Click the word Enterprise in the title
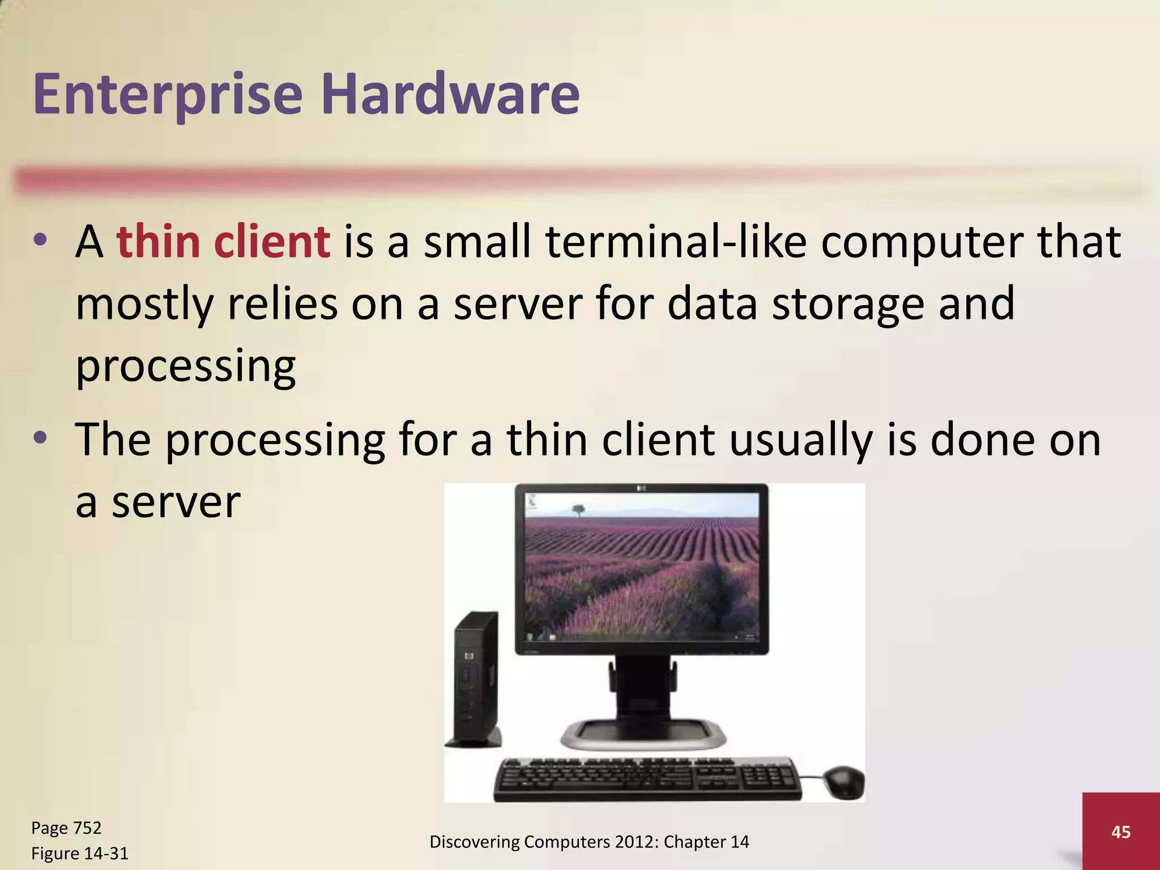click(168, 94)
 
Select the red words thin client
click(223, 242)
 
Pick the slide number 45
click(1121, 832)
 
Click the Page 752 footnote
click(66, 828)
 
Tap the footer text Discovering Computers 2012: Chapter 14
click(589, 842)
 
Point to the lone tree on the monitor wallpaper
click(578, 511)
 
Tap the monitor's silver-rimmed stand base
click(642, 735)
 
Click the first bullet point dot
click(40, 241)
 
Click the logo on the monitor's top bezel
click(642, 488)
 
